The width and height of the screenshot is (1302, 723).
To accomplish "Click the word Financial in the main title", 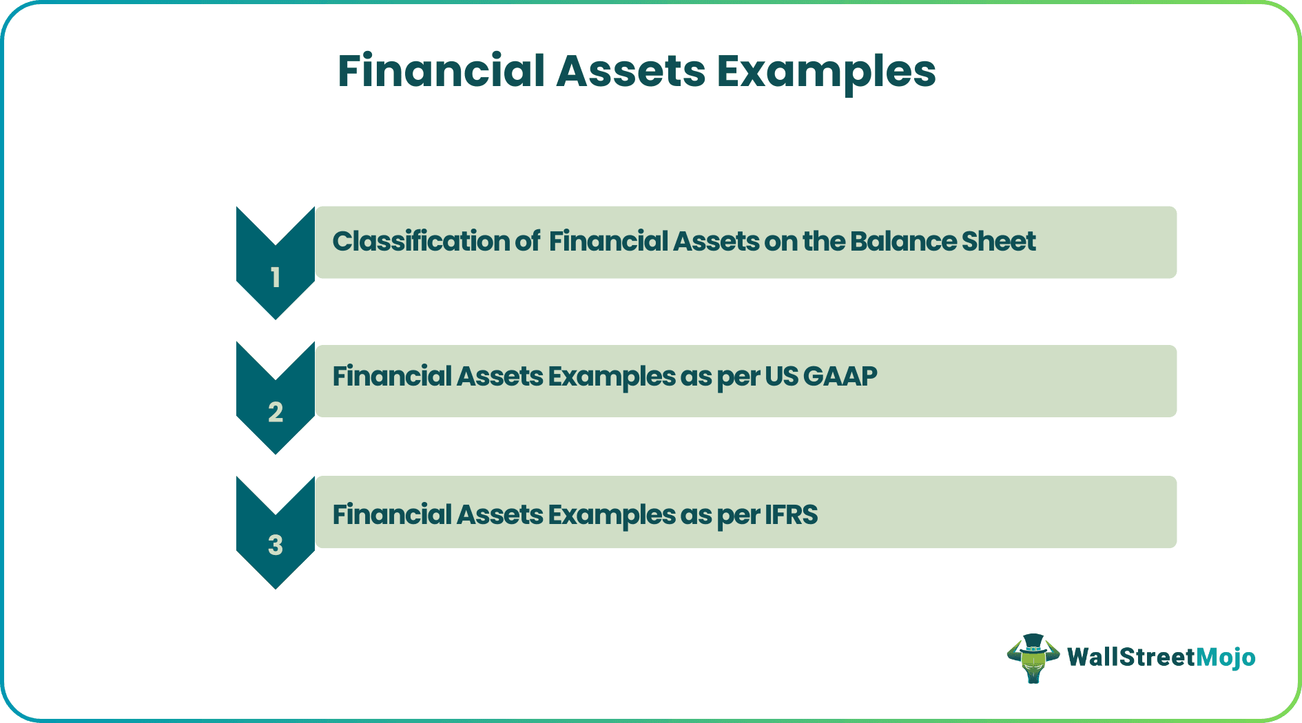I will point(441,71).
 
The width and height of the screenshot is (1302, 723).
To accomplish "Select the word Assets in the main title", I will point(630,71).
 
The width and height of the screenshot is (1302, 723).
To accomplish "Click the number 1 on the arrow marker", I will point(276,277).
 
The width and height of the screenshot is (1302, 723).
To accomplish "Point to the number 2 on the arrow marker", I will point(276,412).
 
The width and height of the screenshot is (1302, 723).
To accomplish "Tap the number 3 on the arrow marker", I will point(276,545).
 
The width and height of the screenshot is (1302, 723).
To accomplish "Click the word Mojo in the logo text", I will point(1226,658).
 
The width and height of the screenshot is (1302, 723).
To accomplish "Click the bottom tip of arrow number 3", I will point(276,587).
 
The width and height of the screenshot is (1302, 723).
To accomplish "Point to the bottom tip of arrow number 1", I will point(276,317).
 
